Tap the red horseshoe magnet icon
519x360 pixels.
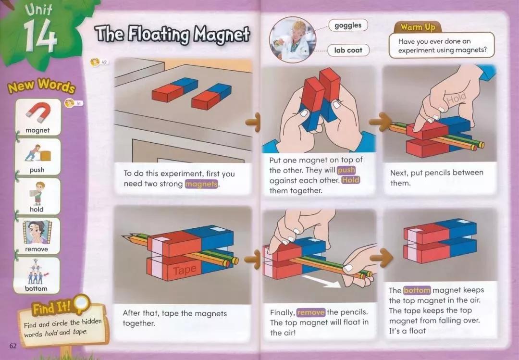click(38, 112)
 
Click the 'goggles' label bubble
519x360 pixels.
click(348, 25)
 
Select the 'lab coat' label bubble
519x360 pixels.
click(348, 50)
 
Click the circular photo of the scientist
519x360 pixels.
click(293, 40)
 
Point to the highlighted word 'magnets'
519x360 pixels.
click(201, 184)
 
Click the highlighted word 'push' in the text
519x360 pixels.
click(346, 170)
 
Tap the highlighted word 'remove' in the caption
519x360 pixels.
click(311, 312)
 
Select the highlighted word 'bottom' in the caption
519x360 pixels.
click(417, 290)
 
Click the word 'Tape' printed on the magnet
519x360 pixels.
click(185, 270)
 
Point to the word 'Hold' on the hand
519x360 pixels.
click(457, 99)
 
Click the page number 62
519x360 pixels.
click(13, 346)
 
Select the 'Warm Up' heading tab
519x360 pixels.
click(418, 27)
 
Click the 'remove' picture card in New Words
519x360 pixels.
click(37, 236)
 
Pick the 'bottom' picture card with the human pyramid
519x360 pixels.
click(37, 275)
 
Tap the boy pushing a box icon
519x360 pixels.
click(38, 153)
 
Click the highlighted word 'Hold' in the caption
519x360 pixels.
click(350, 181)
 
